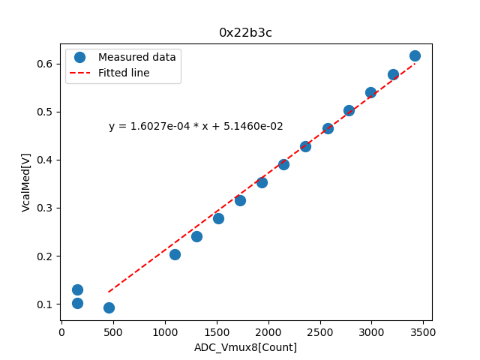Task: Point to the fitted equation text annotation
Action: coord(196,127)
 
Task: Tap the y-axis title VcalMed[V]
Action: coord(26,182)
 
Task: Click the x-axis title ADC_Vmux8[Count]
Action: coord(245,347)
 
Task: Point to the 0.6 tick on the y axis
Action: coord(45,64)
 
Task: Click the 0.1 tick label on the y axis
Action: coord(45,304)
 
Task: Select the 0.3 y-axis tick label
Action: coord(45,208)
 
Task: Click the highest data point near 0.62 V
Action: coord(415,55)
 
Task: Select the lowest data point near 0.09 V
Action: coord(109,307)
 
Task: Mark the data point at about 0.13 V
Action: coord(77,289)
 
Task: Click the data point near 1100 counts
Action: coord(175,254)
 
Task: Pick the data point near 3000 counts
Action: coord(370,92)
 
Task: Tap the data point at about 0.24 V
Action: coord(196,236)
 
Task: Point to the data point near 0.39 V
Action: coord(283,164)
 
